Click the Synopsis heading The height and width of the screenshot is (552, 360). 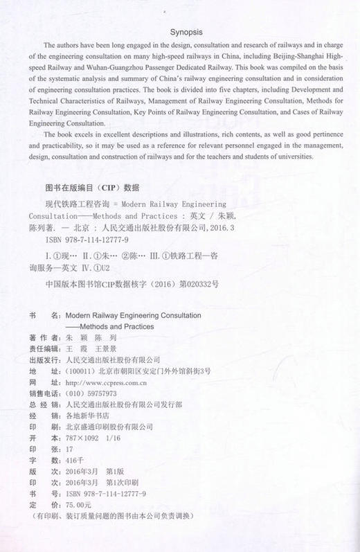coord(179,31)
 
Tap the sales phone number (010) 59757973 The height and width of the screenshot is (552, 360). coord(89,393)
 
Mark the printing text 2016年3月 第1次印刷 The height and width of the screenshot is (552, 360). coord(100,482)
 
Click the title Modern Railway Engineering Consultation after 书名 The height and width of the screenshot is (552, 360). coord(132,314)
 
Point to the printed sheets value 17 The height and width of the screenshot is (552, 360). coord(67,449)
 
